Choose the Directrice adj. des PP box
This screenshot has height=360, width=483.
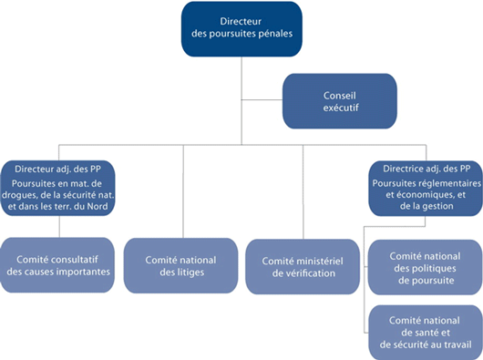(x=425, y=186)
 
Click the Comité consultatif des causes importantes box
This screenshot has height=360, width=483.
(x=58, y=265)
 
